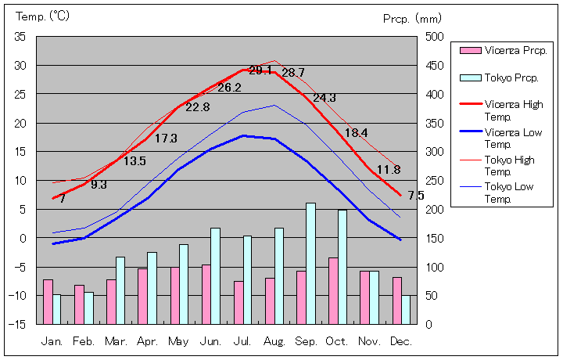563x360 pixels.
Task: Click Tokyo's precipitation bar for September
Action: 310,263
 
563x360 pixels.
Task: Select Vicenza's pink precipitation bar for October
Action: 333,290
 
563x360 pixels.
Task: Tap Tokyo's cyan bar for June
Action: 215,275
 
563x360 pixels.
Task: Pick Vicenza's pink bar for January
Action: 48,301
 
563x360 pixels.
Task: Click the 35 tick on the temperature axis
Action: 20,37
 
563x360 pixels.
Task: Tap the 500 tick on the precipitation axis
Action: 435,37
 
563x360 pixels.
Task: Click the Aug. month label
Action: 275,342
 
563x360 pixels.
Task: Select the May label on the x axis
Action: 179,342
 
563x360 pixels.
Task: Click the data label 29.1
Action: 260,70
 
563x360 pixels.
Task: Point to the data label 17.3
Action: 166,139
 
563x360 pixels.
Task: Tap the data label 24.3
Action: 325,98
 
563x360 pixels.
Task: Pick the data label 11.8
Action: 389,169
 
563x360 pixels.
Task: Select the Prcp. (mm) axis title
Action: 413,18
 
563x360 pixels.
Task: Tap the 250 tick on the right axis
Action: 435,180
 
